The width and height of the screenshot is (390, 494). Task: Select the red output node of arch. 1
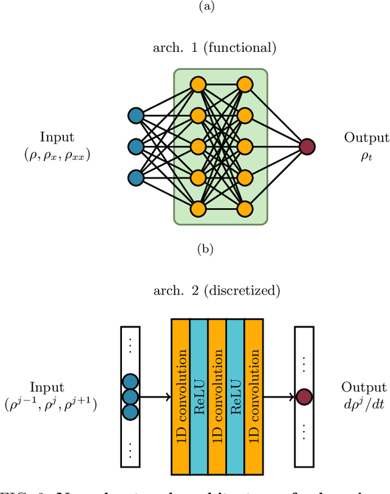[307, 146]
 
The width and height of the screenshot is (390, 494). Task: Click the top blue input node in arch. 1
[135, 115]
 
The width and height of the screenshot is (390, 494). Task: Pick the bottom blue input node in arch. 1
[135, 177]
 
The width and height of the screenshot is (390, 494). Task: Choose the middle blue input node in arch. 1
[135, 146]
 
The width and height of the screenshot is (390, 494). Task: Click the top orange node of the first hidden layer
[197, 84]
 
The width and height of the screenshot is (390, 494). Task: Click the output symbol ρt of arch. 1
[366, 156]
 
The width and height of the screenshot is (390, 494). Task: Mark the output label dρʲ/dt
[364, 403]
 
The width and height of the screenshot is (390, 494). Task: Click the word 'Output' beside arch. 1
[366, 138]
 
